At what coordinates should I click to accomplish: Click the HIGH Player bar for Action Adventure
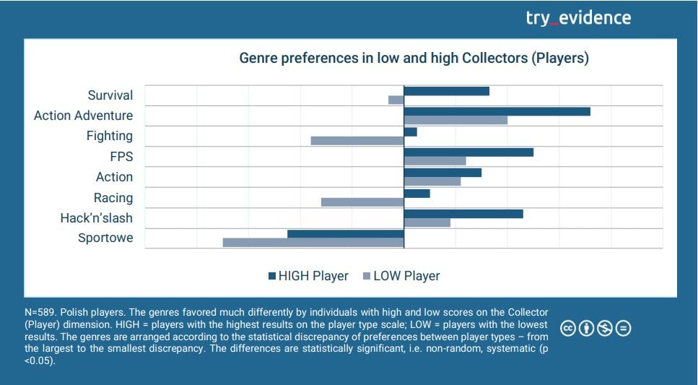click(x=497, y=111)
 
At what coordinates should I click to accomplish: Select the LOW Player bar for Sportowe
click(x=313, y=243)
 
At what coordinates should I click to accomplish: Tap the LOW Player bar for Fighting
click(x=357, y=140)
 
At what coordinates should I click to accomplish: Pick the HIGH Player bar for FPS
click(x=468, y=152)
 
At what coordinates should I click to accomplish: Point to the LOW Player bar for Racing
click(x=362, y=202)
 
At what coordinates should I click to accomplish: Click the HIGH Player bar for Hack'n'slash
click(x=463, y=214)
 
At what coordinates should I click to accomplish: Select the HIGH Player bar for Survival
click(x=446, y=91)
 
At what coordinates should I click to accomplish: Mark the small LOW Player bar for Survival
click(x=396, y=100)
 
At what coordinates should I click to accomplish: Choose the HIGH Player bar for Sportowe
click(x=346, y=233)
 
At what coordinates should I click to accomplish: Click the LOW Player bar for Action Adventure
click(x=455, y=120)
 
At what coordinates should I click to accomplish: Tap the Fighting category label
click(x=110, y=136)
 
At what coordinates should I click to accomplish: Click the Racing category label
click(x=113, y=198)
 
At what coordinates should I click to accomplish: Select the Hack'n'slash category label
click(x=97, y=218)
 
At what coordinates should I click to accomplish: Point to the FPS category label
click(x=121, y=156)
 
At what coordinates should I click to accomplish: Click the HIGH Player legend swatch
click(x=272, y=276)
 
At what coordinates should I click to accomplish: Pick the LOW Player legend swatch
click(x=367, y=276)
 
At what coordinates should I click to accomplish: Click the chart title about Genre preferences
click(x=414, y=58)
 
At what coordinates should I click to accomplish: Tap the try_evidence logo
click(x=578, y=18)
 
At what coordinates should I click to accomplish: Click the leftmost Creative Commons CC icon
click(x=568, y=329)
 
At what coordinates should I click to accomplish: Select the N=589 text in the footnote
click(x=40, y=311)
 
